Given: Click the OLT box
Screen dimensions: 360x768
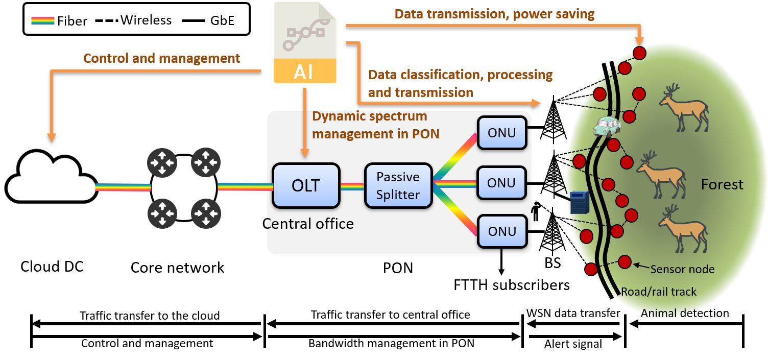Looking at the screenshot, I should [x=306, y=185].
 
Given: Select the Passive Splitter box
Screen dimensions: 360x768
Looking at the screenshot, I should [x=398, y=186].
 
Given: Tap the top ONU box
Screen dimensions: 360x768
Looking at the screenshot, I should [x=501, y=133].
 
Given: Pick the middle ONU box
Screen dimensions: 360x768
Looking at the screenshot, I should [x=501, y=183].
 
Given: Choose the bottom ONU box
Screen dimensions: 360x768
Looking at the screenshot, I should [x=501, y=231].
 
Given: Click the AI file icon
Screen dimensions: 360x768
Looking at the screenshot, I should [x=305, y=42].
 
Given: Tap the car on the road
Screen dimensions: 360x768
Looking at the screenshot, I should [x=607, y=126].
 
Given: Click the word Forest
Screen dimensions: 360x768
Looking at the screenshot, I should [x=722, y=184].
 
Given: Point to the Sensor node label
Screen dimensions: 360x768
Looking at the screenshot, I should [x=682, y=269].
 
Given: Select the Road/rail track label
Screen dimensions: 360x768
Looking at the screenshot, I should [x=659, y=292].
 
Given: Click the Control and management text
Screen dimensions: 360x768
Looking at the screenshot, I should [x=161, y=58].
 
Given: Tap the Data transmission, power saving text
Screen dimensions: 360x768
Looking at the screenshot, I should [x=494, y=14].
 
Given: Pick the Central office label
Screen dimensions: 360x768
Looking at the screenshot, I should [x=309, y=223].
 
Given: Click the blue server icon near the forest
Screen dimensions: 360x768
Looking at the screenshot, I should [x=580, y=202].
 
